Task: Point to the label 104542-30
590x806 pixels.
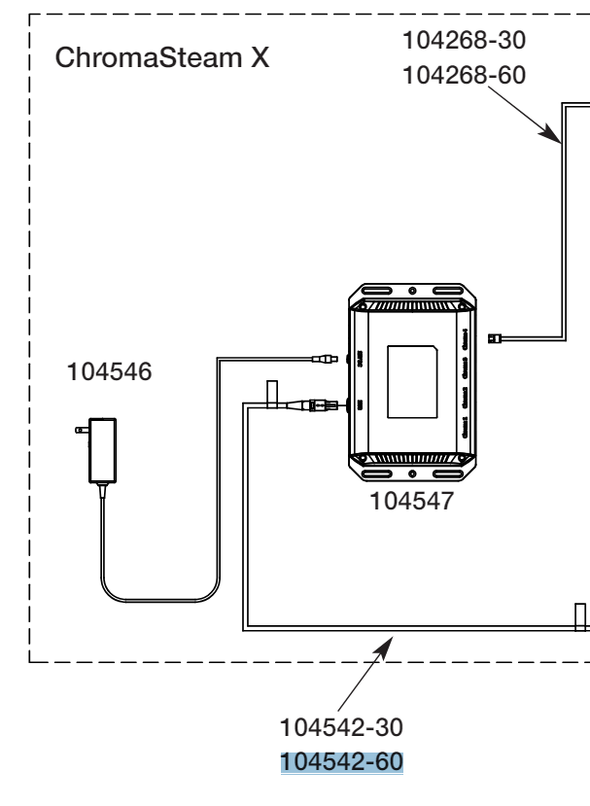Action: [340, 727]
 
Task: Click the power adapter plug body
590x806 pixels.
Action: [101, 450]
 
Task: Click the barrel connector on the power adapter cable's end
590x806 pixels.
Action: [321, 359]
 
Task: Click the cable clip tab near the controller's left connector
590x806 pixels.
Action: [273, 393]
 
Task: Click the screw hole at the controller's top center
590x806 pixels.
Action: [412, 291]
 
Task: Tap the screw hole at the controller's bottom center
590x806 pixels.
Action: [412, 473]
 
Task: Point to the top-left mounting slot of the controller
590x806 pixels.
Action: [373, 292]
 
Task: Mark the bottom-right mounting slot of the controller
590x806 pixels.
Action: [450, 473]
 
